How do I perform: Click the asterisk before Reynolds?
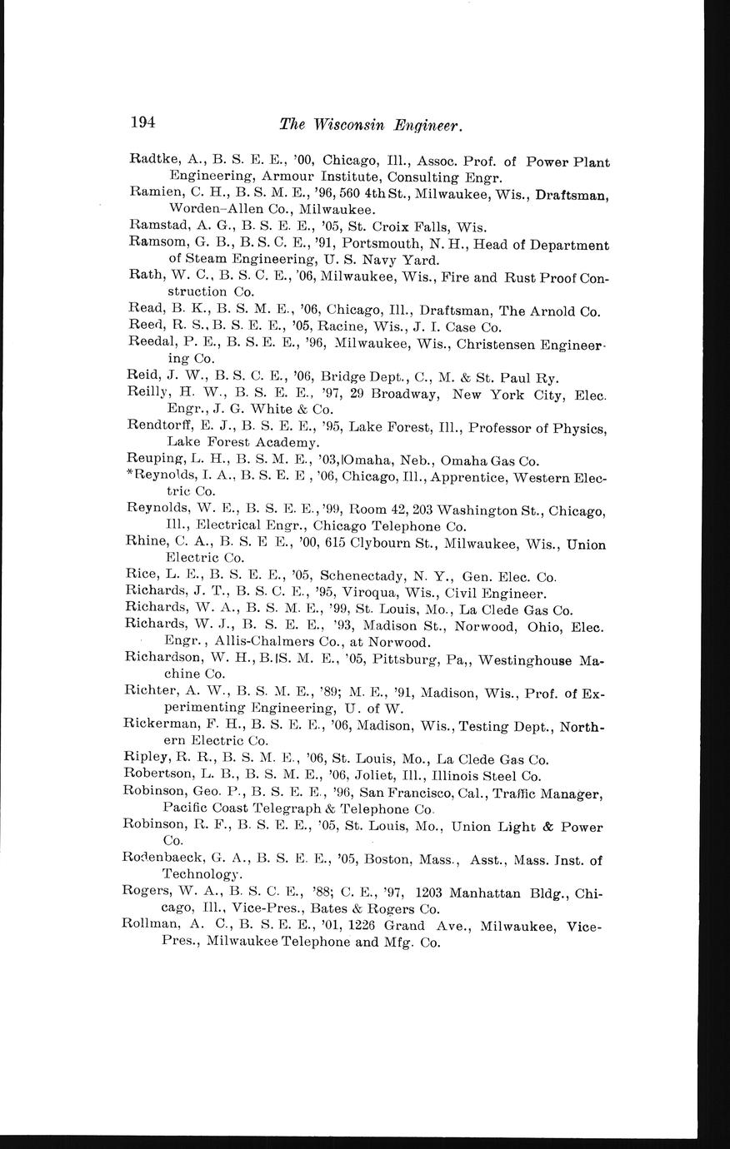[128, 477]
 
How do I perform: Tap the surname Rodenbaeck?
[163, 858]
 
